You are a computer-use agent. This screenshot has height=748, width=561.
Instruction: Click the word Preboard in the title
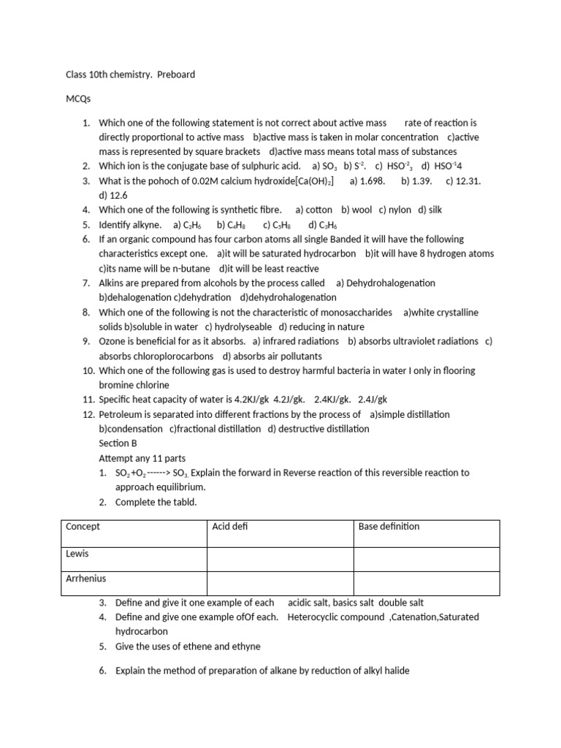(175, 75)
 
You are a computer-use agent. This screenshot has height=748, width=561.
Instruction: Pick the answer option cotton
(318, 210)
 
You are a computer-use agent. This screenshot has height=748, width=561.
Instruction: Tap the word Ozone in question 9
(113, 341)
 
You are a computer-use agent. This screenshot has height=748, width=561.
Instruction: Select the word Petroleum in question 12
(121, 414)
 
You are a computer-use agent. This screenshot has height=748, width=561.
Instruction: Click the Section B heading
(118, 443)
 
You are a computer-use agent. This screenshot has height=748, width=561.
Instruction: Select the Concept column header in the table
(83, 527)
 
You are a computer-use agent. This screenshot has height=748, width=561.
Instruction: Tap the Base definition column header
(389, 527)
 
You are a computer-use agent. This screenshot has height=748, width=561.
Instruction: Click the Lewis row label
(77, 553)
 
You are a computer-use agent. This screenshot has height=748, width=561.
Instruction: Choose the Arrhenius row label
(85, 579)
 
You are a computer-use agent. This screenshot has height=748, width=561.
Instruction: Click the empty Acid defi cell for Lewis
(280, 558)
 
